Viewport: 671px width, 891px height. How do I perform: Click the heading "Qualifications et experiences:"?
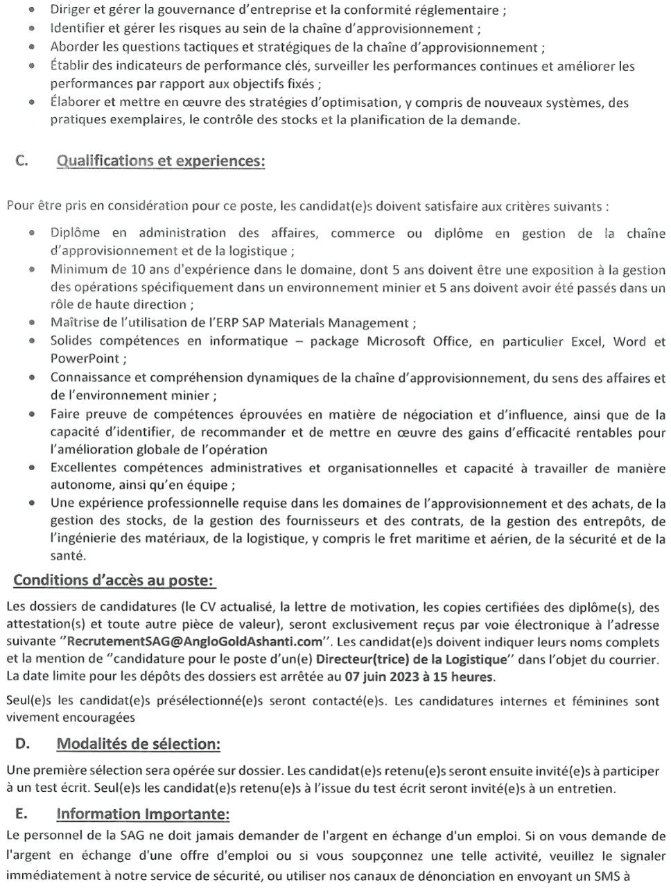click(x=160, y=161)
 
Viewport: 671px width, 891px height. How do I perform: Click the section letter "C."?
click(x=21, y=161)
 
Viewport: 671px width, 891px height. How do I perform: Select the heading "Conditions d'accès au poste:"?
click(x=114, y=579)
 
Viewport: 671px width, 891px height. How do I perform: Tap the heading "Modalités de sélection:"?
click(x=139, y=744)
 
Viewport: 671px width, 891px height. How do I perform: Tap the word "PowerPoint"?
click(x=84, y=358)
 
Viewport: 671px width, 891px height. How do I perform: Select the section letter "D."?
click(x=21, y=744)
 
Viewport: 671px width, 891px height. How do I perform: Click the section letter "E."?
click(x=21, y=813)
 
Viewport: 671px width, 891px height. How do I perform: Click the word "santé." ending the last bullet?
click(x=68, y=555)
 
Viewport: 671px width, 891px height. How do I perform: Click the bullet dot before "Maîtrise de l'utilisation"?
click(x=32, y=322)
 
